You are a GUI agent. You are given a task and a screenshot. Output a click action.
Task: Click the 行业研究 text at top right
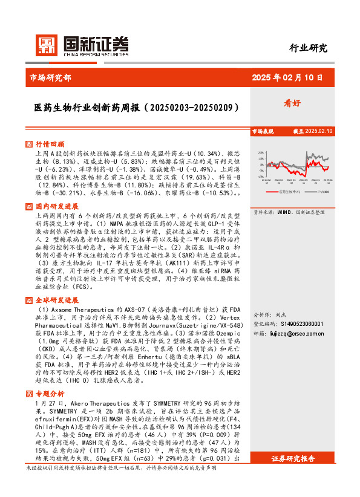308,48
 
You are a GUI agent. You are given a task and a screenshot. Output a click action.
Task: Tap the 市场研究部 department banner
50,77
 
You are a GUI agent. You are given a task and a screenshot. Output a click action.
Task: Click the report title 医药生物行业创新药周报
128,107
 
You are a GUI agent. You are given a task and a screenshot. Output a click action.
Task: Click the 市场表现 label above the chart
263,131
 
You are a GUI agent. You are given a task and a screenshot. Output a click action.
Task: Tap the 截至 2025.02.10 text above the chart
313,131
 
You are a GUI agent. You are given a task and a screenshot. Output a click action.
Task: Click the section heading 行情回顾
49,145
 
